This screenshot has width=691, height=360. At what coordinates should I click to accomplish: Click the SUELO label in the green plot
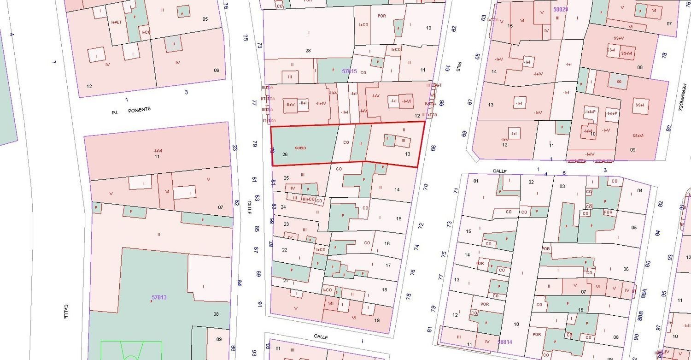pyautogui.click(x=300, y=148)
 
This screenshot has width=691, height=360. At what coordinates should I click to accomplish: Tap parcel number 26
pyautogui.click(x=285, y=154)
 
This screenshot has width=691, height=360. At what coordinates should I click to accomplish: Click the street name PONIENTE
pyautogui.click(x=139, y=109)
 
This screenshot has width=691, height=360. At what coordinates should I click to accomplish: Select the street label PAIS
pyautogui.click(x=459, y=67)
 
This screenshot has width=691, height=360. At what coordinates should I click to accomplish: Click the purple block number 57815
pyautogui.click(x=350, y=71)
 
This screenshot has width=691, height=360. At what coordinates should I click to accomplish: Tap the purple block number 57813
pyautogui.click(x=159, y=297)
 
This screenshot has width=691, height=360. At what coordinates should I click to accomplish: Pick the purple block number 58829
pyautogui.click(x=561, y=9)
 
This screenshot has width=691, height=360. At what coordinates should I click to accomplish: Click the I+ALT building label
pyautogui.click(x=117, y=22)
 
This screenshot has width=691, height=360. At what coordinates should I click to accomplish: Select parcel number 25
pyautogui.click(x=286, y=178)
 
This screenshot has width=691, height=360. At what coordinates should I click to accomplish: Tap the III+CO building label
pyautogui.click(x=308, y=199)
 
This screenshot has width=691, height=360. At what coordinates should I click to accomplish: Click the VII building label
pyautogui.click(x=330, y=303)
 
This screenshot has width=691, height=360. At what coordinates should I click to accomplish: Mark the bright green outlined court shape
pyautogui.click(x=131, y=350)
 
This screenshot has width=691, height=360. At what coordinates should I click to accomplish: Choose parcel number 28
pyautogui.click(x=308, y=50)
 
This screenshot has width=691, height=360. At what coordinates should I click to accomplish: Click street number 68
pyautogui.click(x=433, y=148)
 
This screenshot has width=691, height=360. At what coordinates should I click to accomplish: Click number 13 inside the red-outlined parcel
pyautogui.click(x=407, y=154)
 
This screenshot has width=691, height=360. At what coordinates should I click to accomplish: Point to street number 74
pyautogui.click(x=416, y=247)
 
